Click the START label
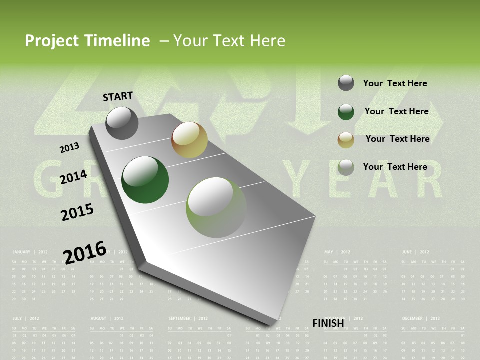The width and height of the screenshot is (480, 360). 118,96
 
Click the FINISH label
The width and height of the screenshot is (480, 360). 328,323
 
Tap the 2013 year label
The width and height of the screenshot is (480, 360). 70,147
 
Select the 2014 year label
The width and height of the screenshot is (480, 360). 73,177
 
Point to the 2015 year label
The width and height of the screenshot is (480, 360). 77,212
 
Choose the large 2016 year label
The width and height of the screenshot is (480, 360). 85,252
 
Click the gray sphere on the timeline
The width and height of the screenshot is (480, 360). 122,123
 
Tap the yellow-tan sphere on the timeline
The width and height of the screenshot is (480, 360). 189,139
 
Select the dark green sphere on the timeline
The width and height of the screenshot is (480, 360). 145,180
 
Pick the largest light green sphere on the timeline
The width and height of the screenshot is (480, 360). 216,207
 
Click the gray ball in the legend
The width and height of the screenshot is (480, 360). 346,83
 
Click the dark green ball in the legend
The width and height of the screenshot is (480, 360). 346,112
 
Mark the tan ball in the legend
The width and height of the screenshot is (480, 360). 346,140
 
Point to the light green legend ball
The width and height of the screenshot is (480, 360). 346,167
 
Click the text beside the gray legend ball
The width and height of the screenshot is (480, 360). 395,83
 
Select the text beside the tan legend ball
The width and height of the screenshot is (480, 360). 397,139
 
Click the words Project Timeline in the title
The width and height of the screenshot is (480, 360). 87,41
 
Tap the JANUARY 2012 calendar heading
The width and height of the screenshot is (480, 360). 30,252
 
